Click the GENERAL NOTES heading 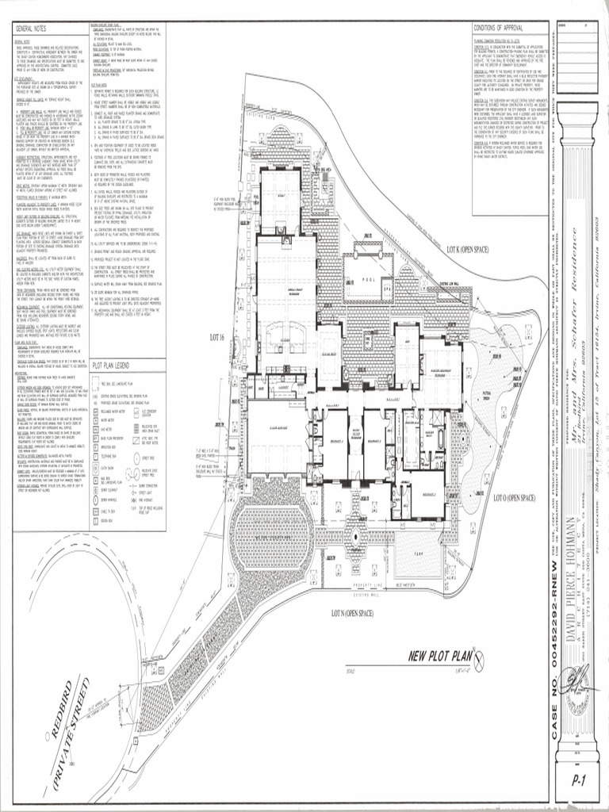coord(32,29)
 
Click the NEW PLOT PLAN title coord(439,655)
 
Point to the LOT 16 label coord(217,337)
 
